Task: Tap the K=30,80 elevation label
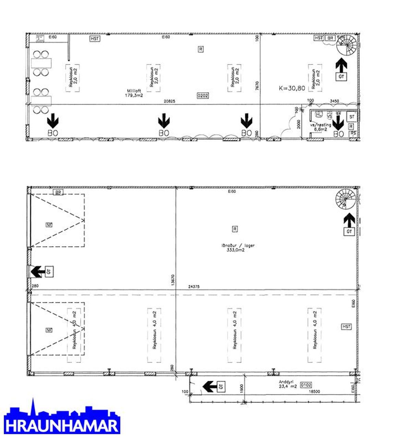(x=292, y=88)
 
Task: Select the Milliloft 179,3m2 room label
(x=134, y=93)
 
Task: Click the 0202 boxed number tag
(x=203, y=96)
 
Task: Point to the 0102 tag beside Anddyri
(x=306, y=385)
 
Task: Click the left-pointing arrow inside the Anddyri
(x=210, y=387)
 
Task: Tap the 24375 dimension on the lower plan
(x=194, y=287)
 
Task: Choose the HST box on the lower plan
(x=346, y=327)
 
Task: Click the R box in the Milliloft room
(x=200, y=49)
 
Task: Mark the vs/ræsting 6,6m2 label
(x=321, y=127)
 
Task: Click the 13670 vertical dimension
(x=173, y=281)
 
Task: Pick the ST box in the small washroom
(x=352, y=117)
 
